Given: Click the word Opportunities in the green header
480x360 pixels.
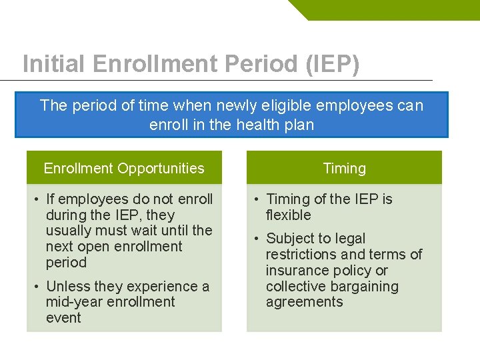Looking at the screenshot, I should tap(163, 168).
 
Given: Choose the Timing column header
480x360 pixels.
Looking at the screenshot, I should tap(344, 168).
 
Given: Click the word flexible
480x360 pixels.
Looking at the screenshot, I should tap(288, 215).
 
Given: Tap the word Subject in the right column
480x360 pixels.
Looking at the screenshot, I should tap(290, 239).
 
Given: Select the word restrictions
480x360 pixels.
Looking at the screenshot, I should tap(300, 255).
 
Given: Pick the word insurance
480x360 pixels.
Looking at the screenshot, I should tap(294, 271).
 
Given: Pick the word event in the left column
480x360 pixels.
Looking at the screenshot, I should tap(63, 318).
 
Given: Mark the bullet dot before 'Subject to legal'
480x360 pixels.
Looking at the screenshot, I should tap(256, 239).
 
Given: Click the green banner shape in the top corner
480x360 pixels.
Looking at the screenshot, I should tap(400, 9).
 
